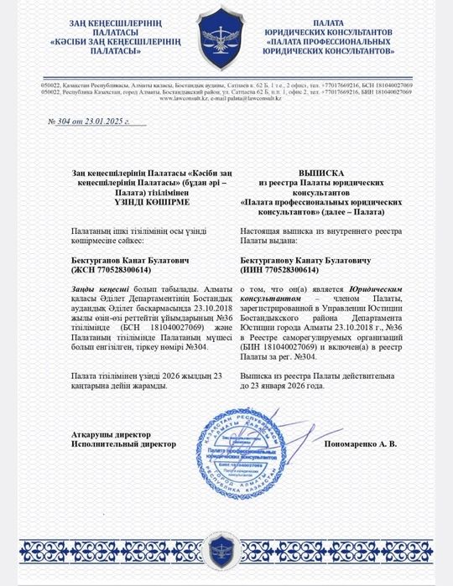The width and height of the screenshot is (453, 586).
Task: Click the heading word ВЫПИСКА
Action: click(x=312, y=171)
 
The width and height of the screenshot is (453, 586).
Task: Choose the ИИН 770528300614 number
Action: click(x=280, y=271)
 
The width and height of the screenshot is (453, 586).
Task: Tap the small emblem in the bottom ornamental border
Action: click(x=226, y=551)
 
